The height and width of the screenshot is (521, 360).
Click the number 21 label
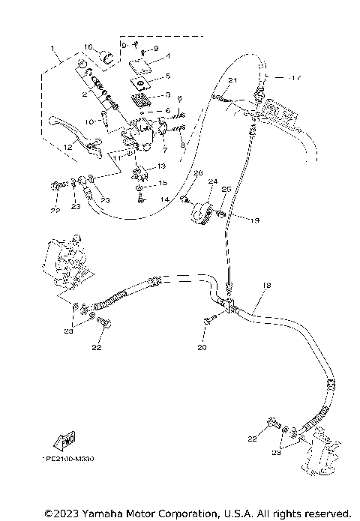[x=232, y=80]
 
